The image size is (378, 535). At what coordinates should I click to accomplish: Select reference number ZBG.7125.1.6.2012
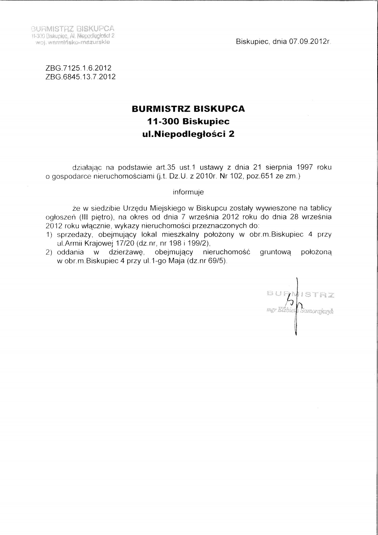(x=78, y=68)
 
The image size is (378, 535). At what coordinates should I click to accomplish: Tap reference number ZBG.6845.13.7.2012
(x=80, y=77)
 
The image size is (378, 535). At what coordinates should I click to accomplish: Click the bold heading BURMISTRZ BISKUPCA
(x=188, y=109)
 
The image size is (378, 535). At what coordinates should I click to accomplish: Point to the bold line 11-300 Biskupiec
(x=188, y=121)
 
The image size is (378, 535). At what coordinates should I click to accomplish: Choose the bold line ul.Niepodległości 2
(x=188, y=134)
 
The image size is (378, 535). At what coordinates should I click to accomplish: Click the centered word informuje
(x=188, y=192)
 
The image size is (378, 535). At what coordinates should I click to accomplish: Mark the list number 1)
(x=50, y=234)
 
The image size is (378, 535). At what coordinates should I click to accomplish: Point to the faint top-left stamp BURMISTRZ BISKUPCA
(x=72, y=28)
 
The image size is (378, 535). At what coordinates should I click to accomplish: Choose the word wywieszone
(x=276, y=209)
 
